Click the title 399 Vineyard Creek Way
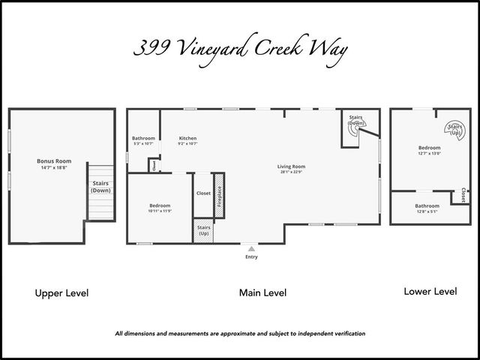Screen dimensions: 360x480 tap(240, 49)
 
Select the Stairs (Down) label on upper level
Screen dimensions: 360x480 tap(100, 187)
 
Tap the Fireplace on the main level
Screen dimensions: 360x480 tap(219, 196)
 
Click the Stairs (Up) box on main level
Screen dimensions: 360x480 tap(203, 229)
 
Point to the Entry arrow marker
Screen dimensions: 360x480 tap(251, 248)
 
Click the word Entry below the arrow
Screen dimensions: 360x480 tap(251, 257)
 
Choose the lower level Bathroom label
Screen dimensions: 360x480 tap(427, 208)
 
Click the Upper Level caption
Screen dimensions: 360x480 tap(61, 293)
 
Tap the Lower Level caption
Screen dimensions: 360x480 tap(430, 291)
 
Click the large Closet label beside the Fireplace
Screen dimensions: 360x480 tap(203, 193)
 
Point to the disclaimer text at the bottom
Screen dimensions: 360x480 tap(240, 333)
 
